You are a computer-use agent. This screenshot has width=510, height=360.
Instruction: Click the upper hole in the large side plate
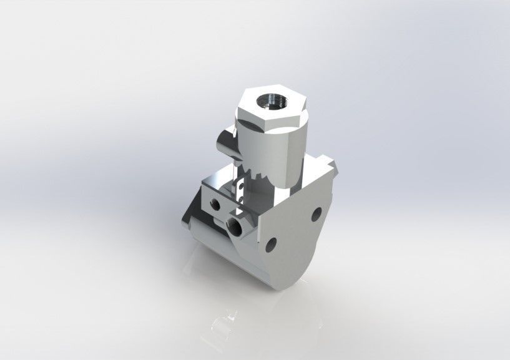(x=316, y=216)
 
